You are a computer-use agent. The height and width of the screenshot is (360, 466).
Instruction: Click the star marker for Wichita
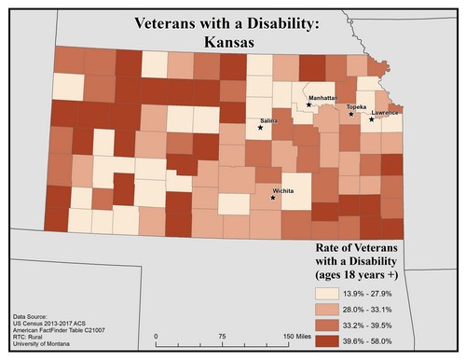click(x=273, y=198)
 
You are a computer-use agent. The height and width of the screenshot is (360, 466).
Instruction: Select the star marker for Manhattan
click(x=308, y=104)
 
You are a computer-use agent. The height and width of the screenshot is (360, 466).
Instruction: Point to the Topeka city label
click(x=356, y=107)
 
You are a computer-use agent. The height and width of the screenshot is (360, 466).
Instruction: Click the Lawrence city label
click(x=385, y=113)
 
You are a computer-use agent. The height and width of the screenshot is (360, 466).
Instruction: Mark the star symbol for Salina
click(x=260, y=128)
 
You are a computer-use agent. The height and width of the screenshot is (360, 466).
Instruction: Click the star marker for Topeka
click(x=351, y=115)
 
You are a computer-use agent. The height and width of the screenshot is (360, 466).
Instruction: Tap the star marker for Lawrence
click(x=371, y=119)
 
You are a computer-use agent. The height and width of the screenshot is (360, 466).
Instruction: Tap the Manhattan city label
click(x=322, y=96)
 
